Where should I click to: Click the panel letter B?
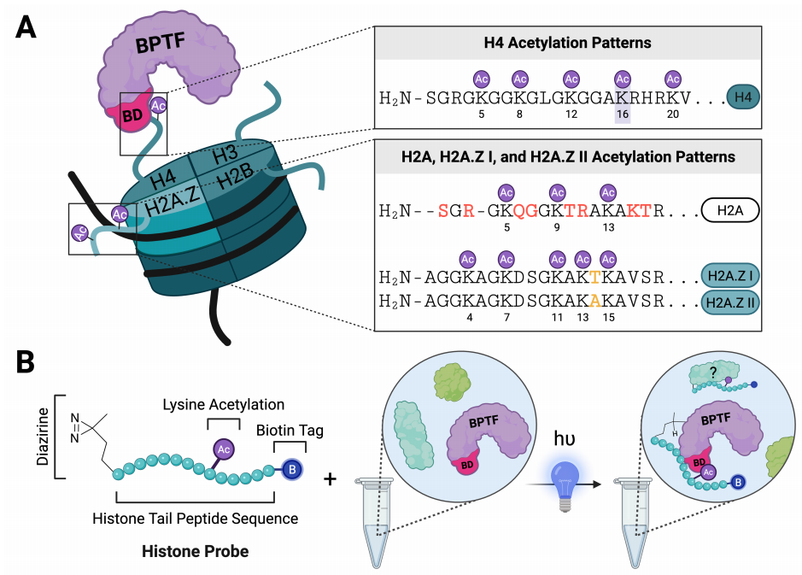pyautogui.click(x=25, y=361)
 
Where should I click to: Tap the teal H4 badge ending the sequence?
pyautogui.click(x=743, y=97)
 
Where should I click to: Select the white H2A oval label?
pyautogui.click(x=730, y=210)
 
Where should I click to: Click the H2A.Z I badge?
pyautogui.click(x=730, y=276)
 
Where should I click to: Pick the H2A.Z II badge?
pyautogui.click(x=730, y=302)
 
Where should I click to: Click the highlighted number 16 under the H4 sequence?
pyautogui.click(x=623, y=114)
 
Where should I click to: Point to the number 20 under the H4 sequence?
pyautogui.click(x=672, y=114)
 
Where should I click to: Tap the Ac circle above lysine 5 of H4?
pyautogui.click(x=482, y=79)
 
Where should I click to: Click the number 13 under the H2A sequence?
pyautogui.click(x=608, y=227)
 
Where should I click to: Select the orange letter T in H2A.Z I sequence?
pyautogui.click(x=594, y=277)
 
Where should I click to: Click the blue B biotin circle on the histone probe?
pyautogui.click(x=292, y=469)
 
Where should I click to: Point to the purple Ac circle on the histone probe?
pyautogui.click(x=224, y=449)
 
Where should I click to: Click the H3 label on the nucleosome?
pyautogui.click(x=225, y=154)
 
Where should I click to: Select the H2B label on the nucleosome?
pyautogui.click(x=235, y=177)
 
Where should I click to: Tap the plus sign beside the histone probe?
pyautogui.click(x=330, y=478)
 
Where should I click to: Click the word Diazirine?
pyautogui.click(x=43, y=436)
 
